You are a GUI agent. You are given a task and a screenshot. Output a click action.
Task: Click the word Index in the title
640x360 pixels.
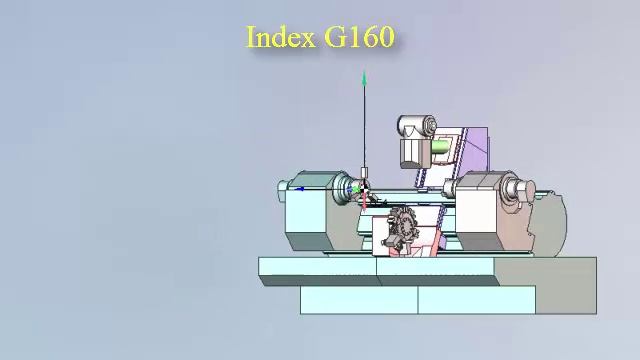click(281, 37)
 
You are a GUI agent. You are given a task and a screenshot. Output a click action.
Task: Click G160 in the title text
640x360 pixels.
click(359, 37)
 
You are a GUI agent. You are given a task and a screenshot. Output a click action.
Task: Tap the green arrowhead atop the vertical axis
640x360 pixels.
click(364, 78)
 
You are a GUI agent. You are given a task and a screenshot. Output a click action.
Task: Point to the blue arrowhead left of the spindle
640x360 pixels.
click(300, 188)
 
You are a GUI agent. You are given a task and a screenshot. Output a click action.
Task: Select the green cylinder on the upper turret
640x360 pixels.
click(439, 148)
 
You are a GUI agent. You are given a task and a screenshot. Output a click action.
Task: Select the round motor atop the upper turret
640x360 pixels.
click(418, 126)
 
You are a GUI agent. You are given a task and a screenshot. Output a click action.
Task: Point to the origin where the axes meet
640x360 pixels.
click(364, 189)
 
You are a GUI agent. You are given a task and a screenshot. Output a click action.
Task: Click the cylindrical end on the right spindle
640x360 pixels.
click(516, 189)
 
